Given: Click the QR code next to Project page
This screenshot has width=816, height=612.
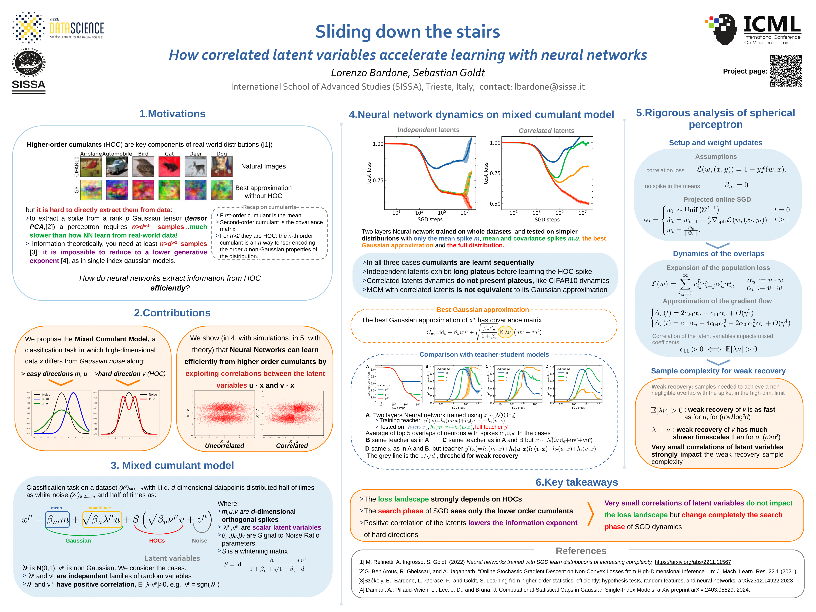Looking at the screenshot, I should click(786, 71).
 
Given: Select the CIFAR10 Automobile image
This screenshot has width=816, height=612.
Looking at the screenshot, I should click(117, 166).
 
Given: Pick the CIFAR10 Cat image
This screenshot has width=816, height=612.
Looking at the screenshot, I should click(169, 166).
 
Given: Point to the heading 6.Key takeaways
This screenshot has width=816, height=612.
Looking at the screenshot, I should click(577, 482).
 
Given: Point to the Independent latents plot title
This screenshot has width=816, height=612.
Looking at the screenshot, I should click(428, 130).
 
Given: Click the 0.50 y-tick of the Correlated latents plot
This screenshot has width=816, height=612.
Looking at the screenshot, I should click(495, 204).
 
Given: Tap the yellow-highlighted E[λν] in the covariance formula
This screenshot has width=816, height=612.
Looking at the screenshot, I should click(505, 332).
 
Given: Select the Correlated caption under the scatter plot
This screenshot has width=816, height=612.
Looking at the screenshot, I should click(292, 446).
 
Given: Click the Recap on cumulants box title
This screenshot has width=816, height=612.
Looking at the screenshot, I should click(270, 207).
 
